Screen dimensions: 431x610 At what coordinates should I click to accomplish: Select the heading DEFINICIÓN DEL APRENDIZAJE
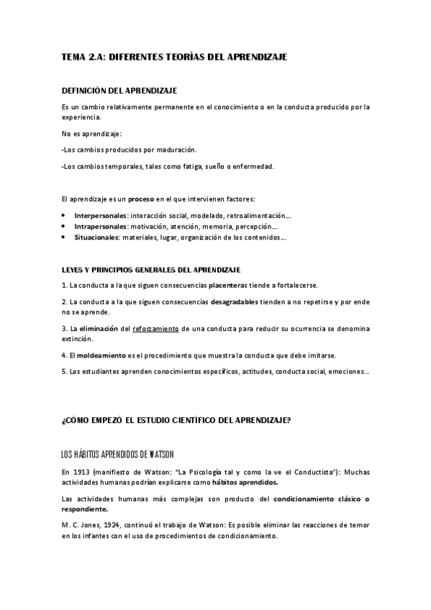(119, 91)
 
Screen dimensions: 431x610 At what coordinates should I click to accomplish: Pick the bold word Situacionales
(91, 237)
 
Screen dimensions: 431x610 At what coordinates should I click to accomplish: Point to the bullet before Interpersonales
(65, 215)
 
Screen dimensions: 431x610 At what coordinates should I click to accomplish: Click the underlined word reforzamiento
(155, 328)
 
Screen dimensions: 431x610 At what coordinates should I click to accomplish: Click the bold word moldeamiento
(103, 355)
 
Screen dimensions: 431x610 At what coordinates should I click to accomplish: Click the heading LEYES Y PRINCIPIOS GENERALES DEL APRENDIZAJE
(151, 269)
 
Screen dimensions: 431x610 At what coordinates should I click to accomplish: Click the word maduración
(172, 150)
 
